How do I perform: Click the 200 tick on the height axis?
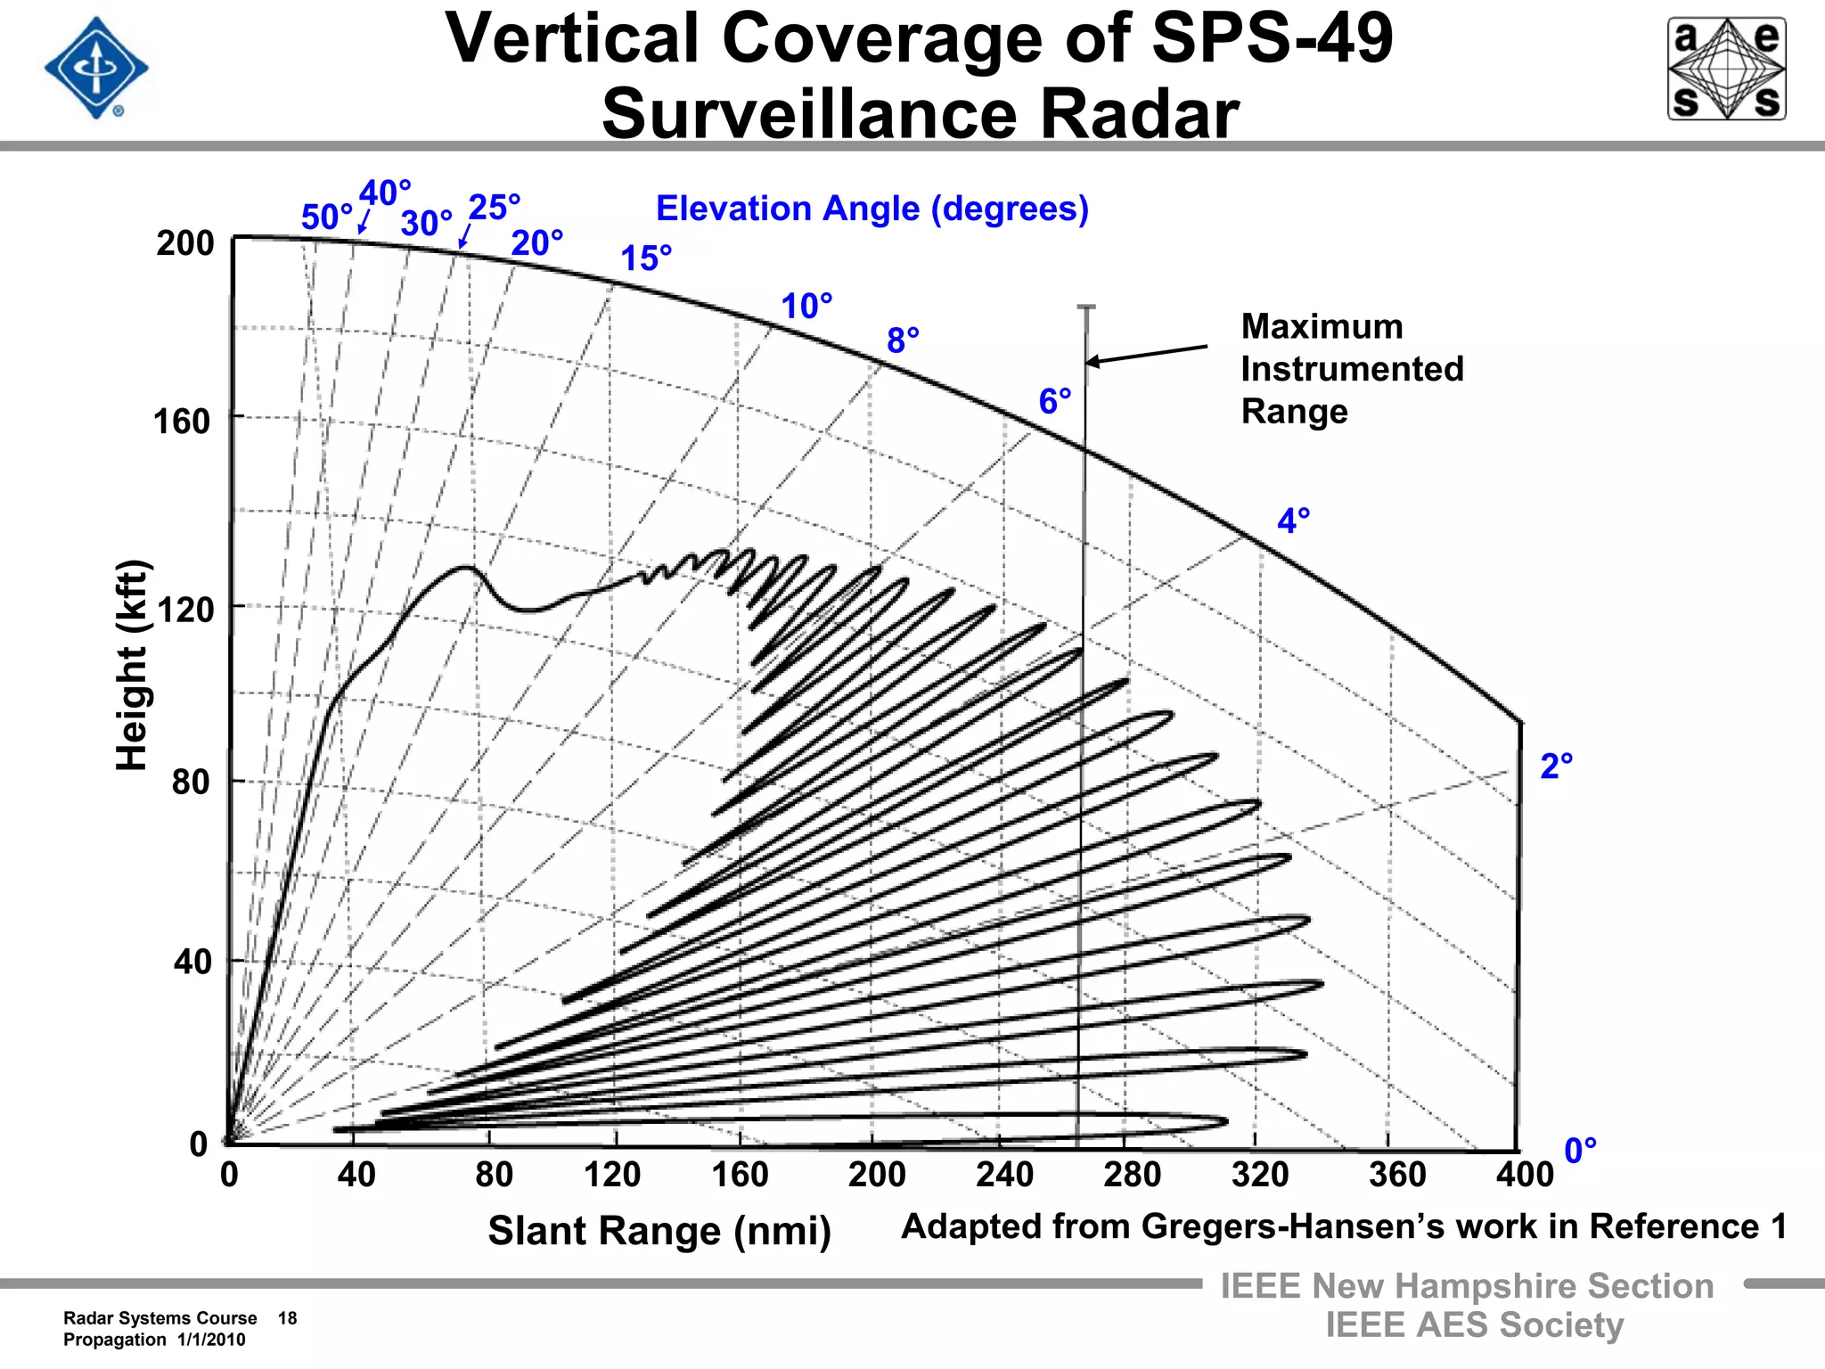185,243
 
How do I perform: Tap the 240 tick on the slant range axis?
1004,1175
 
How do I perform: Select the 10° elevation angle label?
806,307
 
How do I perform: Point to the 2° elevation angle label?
1556,766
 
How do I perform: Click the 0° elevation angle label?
1580,1151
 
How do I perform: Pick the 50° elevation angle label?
326,217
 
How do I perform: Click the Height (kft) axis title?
132,665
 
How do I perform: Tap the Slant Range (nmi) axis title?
659,1231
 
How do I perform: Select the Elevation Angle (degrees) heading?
872,209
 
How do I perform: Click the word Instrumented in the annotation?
1352,369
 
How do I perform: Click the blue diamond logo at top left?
96,69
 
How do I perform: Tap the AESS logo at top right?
1726,70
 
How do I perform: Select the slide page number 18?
287,1318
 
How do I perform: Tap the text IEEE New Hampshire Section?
1466,1286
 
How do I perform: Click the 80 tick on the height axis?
191,783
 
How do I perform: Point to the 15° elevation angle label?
646,258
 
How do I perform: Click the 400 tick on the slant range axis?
1524,1175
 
